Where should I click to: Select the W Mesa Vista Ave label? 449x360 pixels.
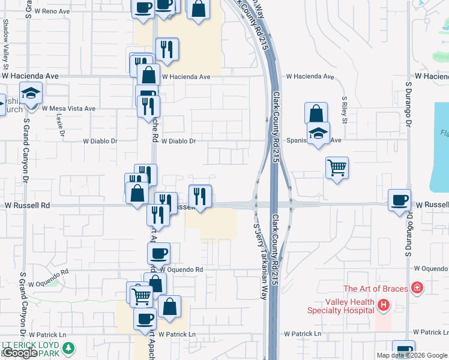point(68,109)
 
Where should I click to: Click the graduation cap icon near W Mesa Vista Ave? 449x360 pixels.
point(30,93)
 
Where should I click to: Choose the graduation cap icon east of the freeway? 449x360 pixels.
point(319,133)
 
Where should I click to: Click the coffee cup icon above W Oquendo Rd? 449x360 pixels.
point(159,253)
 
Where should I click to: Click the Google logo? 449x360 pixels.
point(19,353)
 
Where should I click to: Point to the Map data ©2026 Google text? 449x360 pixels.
point(412,355)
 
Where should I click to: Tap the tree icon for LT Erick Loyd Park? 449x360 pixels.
point(69,347)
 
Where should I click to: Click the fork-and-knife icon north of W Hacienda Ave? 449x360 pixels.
point(166,49)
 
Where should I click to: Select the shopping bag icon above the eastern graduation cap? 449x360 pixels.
point(316,113)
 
